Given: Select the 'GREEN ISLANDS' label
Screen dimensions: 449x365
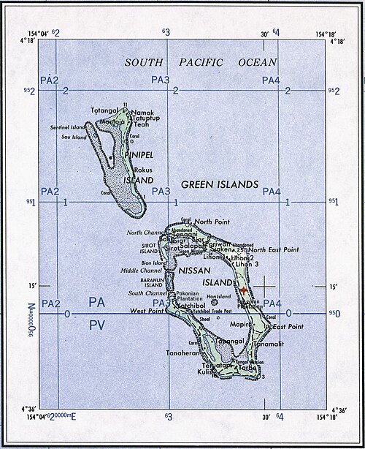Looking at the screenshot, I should [220, 186].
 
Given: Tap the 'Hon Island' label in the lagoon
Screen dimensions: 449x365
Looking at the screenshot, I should [218, 296].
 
